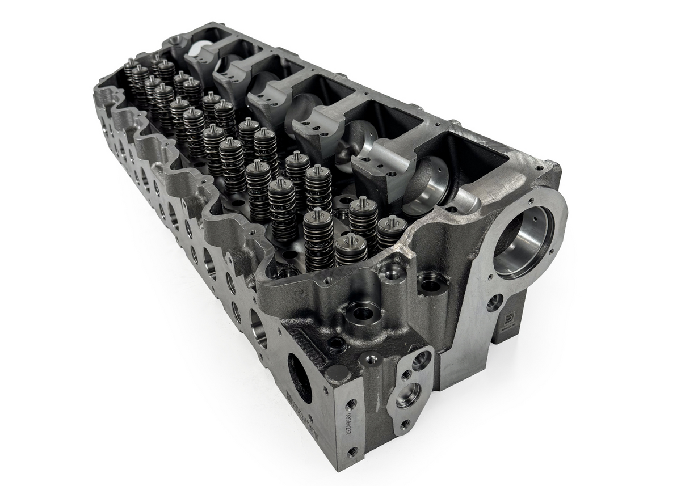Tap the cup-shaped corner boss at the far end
tap(175, 41)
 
